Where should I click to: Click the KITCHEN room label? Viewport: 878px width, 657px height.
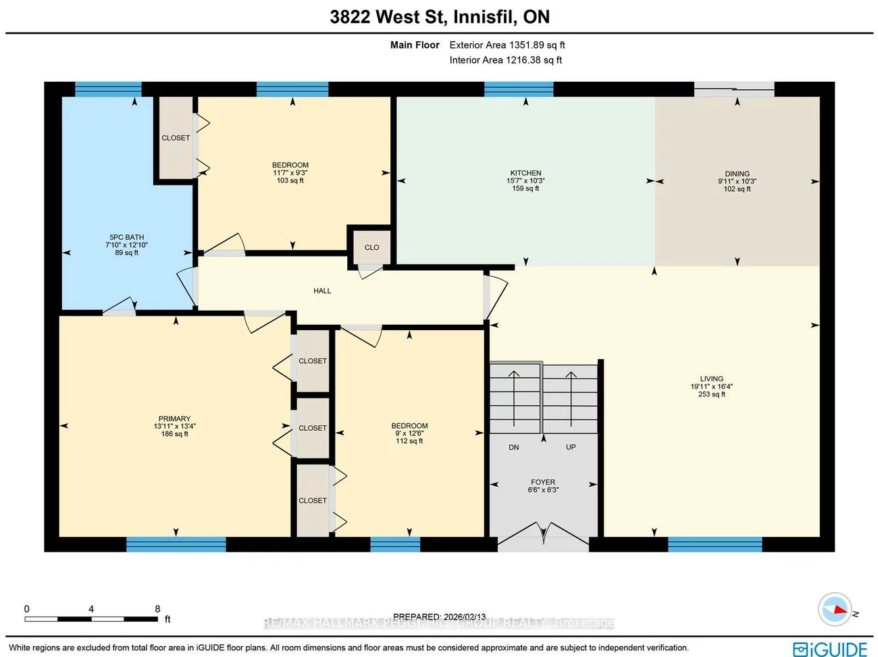click(525, 173)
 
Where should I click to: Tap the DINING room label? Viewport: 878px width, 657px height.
click(737, 174)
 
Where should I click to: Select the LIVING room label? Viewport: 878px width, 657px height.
click(711, 379)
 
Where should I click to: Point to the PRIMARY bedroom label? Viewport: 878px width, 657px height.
click(174, 419)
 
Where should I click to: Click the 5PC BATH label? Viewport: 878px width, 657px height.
click(127, 237)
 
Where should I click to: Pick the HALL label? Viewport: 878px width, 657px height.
click(322, 291)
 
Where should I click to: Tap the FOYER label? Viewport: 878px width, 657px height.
click(543, 482)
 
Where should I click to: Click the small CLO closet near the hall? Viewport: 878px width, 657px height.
click(371, 247)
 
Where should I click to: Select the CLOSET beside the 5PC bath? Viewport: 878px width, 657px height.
click(176, 138)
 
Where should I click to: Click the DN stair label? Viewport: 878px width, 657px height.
click(514, 448)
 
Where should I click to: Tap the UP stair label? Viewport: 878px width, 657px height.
click(571, 447)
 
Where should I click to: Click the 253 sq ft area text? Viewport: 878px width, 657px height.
click(711, 394)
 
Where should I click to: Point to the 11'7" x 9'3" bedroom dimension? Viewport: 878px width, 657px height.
click(290, 173)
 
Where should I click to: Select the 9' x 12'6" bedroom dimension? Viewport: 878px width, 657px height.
click(409, 433)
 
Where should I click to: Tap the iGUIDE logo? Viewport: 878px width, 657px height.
click(830, 649)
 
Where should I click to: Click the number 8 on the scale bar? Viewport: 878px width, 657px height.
click(157, 609)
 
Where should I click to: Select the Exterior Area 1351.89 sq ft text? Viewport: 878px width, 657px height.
click(507, 45)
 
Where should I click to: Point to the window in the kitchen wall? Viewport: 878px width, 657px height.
click(519, 89)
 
